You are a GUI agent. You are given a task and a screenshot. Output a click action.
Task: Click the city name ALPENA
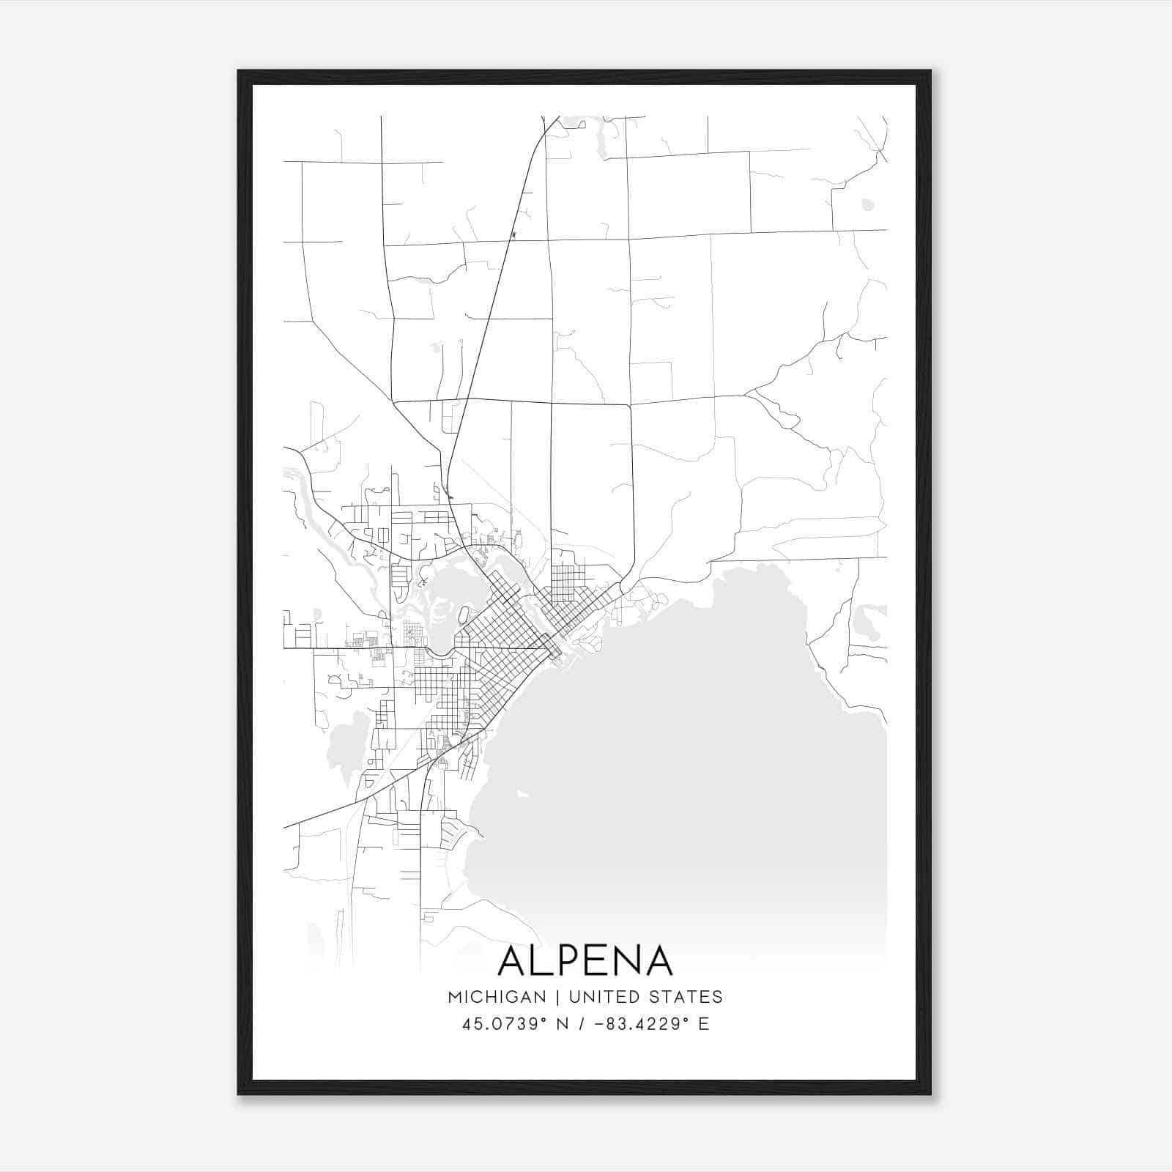point(585,961)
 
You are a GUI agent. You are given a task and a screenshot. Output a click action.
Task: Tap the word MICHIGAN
point(497,997)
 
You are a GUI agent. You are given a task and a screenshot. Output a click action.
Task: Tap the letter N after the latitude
point(563,1024)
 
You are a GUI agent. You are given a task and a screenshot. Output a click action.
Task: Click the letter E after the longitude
point(703,1024)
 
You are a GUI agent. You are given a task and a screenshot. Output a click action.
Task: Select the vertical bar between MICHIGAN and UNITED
point(557,997)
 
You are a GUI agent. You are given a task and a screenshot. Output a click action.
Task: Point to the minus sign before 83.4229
point(599,1024)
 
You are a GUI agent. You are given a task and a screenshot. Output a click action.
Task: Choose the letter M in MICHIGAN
point(455,997)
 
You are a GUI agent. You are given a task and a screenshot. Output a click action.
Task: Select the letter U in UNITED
point(574,997)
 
